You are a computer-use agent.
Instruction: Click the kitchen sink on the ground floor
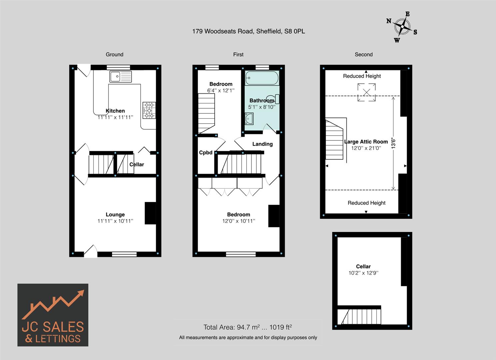(120, 77)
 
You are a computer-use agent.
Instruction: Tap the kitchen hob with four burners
(149, 110)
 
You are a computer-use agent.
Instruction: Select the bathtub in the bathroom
(262, 78)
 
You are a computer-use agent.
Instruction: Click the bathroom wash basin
(249, 119)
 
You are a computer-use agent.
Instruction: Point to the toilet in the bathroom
(273, 99)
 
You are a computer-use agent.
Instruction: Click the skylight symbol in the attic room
(366, 92)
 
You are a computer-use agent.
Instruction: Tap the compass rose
(403, 27)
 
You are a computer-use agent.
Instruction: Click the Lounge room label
(115, 215)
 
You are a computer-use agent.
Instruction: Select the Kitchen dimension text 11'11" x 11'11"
(115, 117)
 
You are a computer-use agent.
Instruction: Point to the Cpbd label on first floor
(206, 153)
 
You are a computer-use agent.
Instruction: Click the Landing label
(262, 144)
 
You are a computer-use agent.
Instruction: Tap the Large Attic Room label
(366, 142)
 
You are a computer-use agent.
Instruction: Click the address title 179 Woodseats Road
(248, 31)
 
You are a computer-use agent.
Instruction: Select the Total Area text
(248, 327)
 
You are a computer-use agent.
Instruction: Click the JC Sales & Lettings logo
(53, 315)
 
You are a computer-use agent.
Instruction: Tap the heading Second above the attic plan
(363, 54)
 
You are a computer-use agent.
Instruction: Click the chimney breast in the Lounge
(150, 213)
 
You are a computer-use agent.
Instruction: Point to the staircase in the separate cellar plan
(359, 316)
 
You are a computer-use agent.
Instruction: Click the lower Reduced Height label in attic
(366, 203)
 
